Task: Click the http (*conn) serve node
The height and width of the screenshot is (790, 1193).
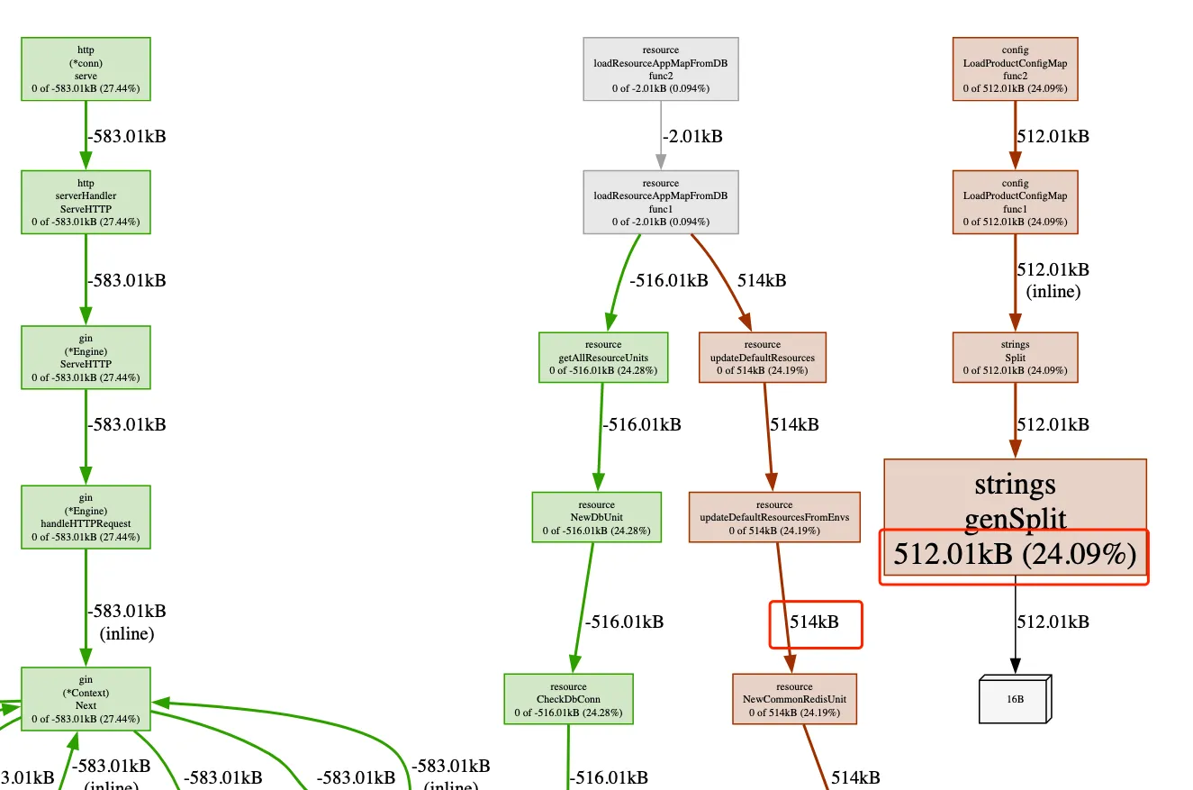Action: click(86, 68)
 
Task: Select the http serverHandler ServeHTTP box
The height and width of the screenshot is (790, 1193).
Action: click(86, 202)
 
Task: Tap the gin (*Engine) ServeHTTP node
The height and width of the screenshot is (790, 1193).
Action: click(86, 357)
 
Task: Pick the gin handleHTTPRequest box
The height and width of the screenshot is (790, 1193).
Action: click(86, 517)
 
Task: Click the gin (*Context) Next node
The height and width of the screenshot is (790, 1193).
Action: click(86, 699)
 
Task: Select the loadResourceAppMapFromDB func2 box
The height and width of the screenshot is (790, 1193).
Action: click(661, 68)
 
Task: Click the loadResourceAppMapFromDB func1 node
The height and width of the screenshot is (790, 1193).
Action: click(661, 202)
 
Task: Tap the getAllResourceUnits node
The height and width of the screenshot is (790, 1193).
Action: click(603, 357)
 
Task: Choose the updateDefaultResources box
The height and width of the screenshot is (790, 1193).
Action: click(762, 357)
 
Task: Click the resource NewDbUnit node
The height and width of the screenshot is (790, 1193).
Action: click(596, 517)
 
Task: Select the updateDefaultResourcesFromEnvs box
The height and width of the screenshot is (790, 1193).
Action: click(774, 517)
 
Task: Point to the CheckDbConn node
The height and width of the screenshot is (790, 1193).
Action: click(568, 699)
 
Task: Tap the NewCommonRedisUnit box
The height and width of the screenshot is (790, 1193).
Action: click(794, 699)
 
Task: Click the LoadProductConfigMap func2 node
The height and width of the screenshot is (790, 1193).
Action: click(1015, 68)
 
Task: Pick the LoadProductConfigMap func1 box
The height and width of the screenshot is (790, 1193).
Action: click(1015, 202)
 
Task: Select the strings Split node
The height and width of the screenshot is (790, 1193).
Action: click(1015, 357)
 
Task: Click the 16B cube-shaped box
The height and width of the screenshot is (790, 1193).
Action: click(1015, 699)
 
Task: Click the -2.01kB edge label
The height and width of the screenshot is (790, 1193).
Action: click(692, 137)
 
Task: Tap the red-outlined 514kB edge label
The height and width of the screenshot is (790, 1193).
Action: click(815, 622)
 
